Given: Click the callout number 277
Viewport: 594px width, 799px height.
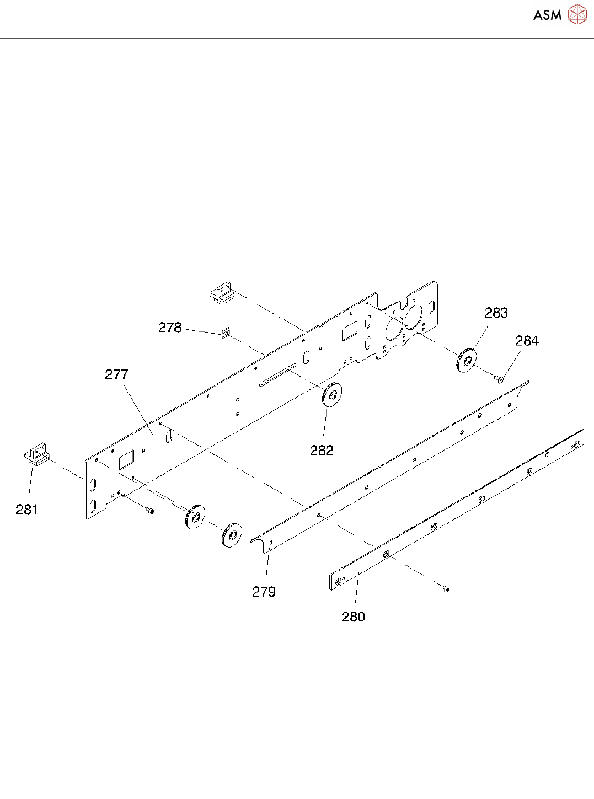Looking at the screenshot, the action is coord(116,375).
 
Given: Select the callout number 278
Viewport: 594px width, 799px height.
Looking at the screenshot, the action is coord(170,328).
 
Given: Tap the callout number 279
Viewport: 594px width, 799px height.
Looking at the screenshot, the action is coord(264,592).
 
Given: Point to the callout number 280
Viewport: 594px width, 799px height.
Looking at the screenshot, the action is coord(353,616).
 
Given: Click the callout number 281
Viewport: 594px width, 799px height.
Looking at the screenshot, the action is coord(26,510).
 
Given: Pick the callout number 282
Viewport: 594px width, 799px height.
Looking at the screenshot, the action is coord(322,451).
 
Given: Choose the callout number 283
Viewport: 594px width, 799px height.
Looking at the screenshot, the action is coord(496,313).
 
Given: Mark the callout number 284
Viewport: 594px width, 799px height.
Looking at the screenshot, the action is coord(527,341).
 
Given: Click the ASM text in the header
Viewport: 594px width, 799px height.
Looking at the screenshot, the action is coord(547,15).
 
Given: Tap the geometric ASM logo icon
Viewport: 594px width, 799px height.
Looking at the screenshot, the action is coord(577,15).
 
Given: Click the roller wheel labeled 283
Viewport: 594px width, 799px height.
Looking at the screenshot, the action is coord(467,361).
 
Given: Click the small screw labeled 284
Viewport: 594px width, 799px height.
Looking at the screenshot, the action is coord(500,379).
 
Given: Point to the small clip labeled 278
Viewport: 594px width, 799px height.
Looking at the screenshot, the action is coord(226,333).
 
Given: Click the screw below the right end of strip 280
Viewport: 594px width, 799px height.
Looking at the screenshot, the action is coord(446,589).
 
